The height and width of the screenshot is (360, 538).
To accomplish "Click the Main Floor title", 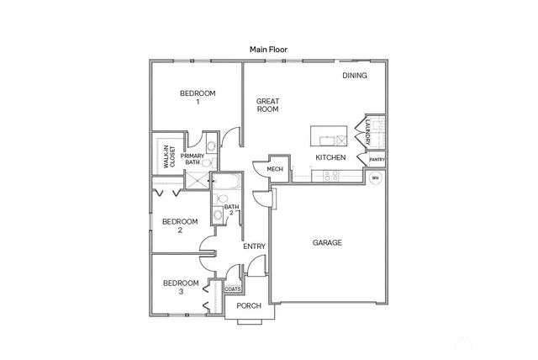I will tap(268, 50).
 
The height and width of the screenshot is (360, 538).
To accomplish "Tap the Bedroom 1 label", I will tap(198, 97).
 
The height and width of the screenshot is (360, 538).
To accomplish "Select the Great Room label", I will tap(267, 105).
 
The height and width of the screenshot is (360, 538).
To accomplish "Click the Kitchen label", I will tap(330, 157).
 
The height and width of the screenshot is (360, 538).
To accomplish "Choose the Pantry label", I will tap(377, 159).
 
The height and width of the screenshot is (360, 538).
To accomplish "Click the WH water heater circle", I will tap(376, 178).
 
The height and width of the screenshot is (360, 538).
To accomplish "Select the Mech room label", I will tap(275, 170).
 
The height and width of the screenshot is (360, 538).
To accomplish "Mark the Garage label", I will tap(327, 243).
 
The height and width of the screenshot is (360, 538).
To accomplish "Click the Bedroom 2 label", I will tap(180, 225).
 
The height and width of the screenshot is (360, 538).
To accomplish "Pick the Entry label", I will tap(254, 246).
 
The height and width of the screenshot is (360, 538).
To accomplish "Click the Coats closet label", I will tap(233, 289).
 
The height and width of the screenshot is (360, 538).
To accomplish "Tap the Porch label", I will tap(249, 305).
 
